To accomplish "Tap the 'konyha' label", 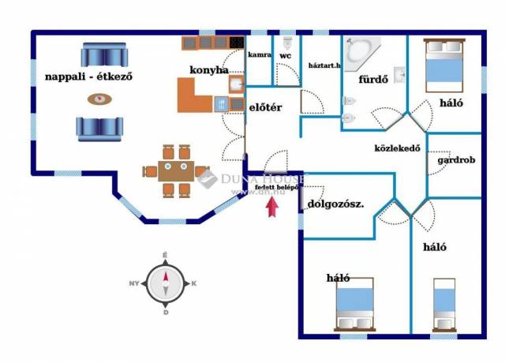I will coord(208,69).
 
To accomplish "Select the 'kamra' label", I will coord(260,55).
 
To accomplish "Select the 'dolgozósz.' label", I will coord(335,204).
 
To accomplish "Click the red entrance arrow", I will coord(272,208).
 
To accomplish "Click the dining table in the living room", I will coord(167,170).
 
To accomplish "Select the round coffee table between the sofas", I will coord(99,99).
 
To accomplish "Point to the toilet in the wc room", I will coord(287,41).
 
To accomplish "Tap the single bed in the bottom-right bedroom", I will coord(444,304).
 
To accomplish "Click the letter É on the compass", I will coord(164,255).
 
